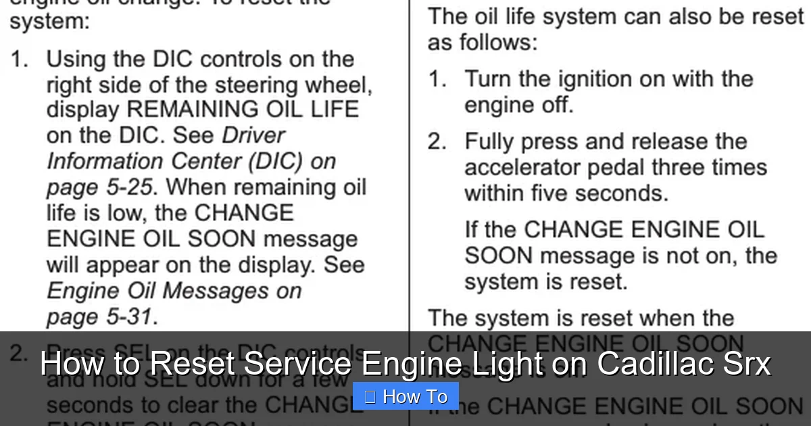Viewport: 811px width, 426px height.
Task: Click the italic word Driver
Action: coord(253,135)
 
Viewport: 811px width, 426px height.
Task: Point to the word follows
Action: coord(498,43)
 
